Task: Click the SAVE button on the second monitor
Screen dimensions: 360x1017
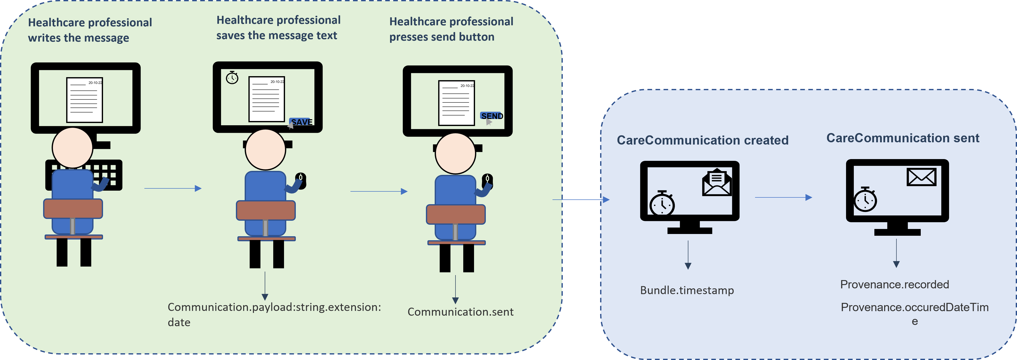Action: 301,122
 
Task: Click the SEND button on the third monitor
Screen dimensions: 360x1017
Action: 492,116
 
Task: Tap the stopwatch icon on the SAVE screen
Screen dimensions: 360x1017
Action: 232,77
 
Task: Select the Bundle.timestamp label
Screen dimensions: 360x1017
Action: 687,291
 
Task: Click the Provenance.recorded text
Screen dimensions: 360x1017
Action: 894,285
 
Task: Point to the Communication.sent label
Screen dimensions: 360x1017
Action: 460,312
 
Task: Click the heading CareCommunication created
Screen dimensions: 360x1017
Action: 702,140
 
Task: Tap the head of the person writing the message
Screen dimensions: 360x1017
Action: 72,148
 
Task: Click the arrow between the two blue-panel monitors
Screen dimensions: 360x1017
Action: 783,197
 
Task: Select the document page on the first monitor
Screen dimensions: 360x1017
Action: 84,100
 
